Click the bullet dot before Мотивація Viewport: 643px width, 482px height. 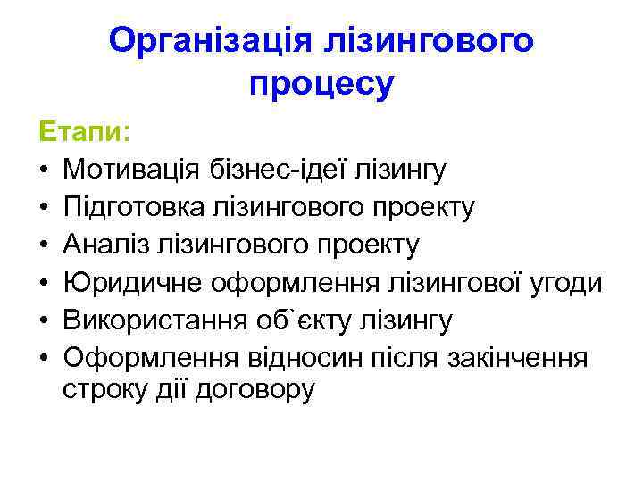(x=43, y=170)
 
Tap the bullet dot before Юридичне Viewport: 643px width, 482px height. (x=43, y=284)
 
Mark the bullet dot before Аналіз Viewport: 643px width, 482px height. (x=43, y=245)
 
